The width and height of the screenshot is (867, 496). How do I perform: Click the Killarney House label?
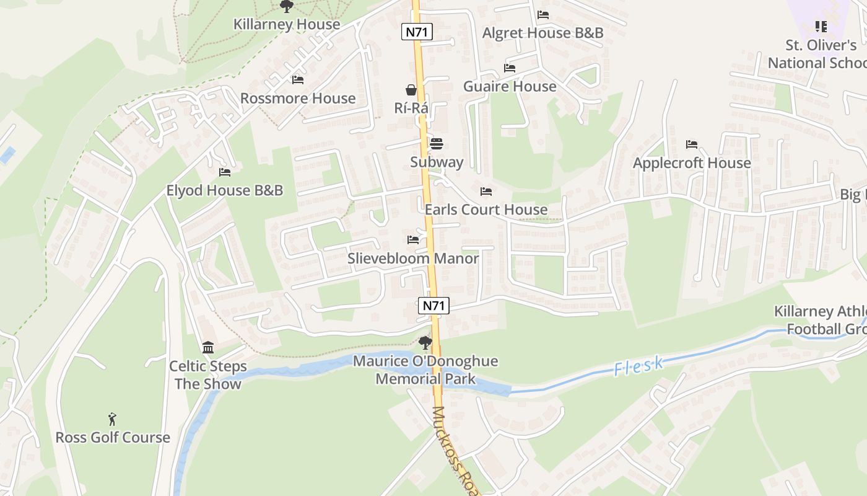tap(287, 24)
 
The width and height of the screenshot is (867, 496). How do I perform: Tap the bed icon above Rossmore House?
tap(298, 80)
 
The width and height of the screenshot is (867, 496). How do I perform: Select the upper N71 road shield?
tap(417, 32)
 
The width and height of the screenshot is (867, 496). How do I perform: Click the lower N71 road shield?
tap(434, 305)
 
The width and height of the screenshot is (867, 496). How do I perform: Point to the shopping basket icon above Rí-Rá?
tap(411, 90)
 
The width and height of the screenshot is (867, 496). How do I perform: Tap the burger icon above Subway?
tap(437, 144)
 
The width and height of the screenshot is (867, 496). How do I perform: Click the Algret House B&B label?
tap(542, 33)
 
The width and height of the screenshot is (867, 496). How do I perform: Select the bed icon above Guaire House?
tap(510, 68)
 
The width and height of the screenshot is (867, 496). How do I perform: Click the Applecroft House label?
tap(692, 163)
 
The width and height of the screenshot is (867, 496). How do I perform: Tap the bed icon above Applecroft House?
tap(692, 144)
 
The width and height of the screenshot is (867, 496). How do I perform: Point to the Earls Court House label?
tap(486, 210)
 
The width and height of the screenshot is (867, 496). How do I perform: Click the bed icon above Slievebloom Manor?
tap(413, 240)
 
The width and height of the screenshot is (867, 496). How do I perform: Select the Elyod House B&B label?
tap(224, 190)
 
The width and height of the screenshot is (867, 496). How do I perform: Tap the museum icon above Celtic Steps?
tap(208, 347)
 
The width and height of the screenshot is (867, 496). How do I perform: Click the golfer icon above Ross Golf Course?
tap(112, 419)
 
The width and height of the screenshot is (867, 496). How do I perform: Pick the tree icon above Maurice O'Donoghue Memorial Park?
tap(425, 342)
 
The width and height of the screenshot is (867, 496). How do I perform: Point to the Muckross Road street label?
tap(457, 449)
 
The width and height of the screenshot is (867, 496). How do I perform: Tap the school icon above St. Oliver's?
tap(821, 27)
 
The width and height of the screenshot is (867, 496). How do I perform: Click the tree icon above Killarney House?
tap(286, 6)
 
